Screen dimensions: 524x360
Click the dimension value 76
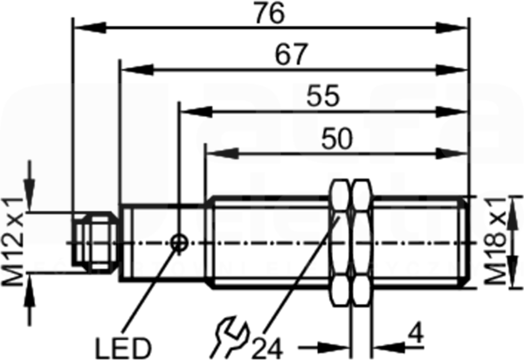point(269,13)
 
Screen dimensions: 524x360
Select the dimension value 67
point(291,54)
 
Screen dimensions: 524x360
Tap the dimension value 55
point(323,96)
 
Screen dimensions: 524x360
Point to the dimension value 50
point(337,139)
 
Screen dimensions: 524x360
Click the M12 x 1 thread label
point(13,242)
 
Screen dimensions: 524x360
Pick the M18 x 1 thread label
point(495,240)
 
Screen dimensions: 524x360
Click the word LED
point(123,348)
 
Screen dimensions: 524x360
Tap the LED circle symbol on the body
point(179,243)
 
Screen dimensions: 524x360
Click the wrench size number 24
point(267,349)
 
